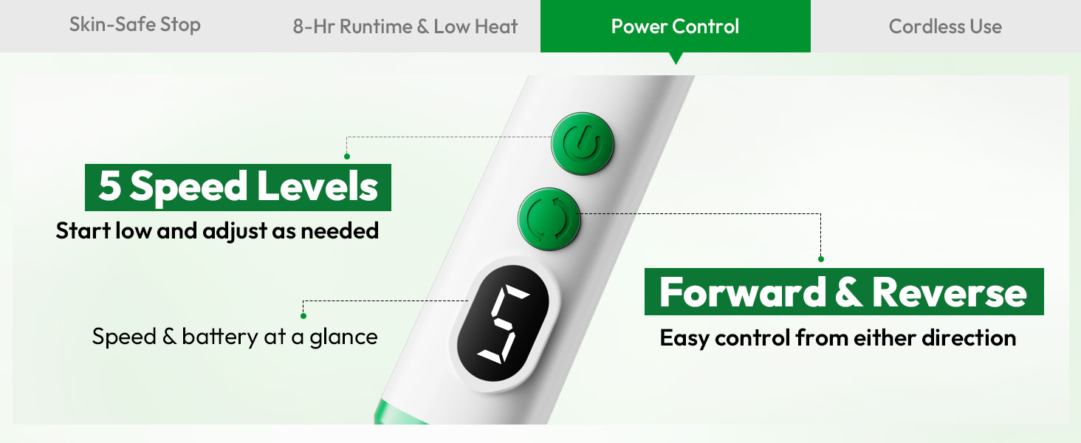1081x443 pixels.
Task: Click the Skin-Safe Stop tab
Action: [134, 24]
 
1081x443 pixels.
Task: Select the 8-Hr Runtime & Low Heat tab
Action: [405, 27]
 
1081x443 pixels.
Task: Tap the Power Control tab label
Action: [675, 27]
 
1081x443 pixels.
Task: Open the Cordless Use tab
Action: [945, 27]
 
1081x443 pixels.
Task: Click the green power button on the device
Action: [583, 144]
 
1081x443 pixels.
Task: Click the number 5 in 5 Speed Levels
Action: [109, 186]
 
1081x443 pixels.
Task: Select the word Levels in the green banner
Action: [318, 186]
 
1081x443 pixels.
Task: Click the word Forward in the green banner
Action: [743, 292]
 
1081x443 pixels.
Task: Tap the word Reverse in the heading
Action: [950, 292]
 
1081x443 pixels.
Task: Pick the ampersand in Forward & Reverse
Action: [849, 292]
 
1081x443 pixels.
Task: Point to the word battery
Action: [219, 337]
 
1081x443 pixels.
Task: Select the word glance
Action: [343, 337]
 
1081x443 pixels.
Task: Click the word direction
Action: [969, 337]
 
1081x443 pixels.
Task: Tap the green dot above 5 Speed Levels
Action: [347, 157]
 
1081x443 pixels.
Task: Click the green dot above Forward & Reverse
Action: [821, 259]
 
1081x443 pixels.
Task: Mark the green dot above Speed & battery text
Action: [303, 316]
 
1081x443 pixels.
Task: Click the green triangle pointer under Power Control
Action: [676, 58]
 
